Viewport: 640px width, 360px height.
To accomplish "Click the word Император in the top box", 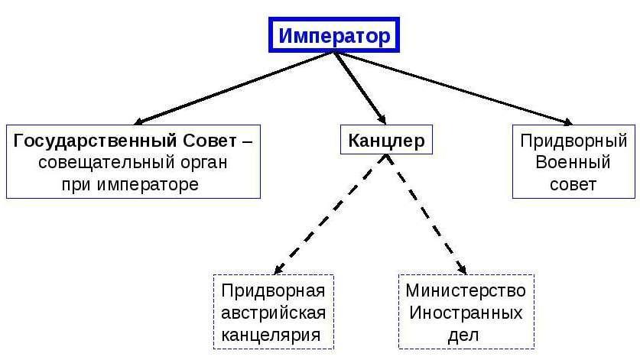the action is click(333, 36).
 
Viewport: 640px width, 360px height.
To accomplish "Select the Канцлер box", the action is click(385, 141).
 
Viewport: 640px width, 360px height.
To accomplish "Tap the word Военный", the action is click(573, 163).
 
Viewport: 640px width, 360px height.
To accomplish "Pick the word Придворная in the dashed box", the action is click(273, 291).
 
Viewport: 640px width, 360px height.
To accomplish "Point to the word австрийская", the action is click(273, 313).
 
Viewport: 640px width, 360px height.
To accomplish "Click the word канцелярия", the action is click(273, 334).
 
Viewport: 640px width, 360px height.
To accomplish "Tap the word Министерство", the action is click(466, 291).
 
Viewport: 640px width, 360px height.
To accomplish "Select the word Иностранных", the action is click(466, 313).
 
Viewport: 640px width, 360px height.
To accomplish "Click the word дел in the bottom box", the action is click(466, 334).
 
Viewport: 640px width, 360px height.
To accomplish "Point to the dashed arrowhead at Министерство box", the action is click(462, 269).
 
